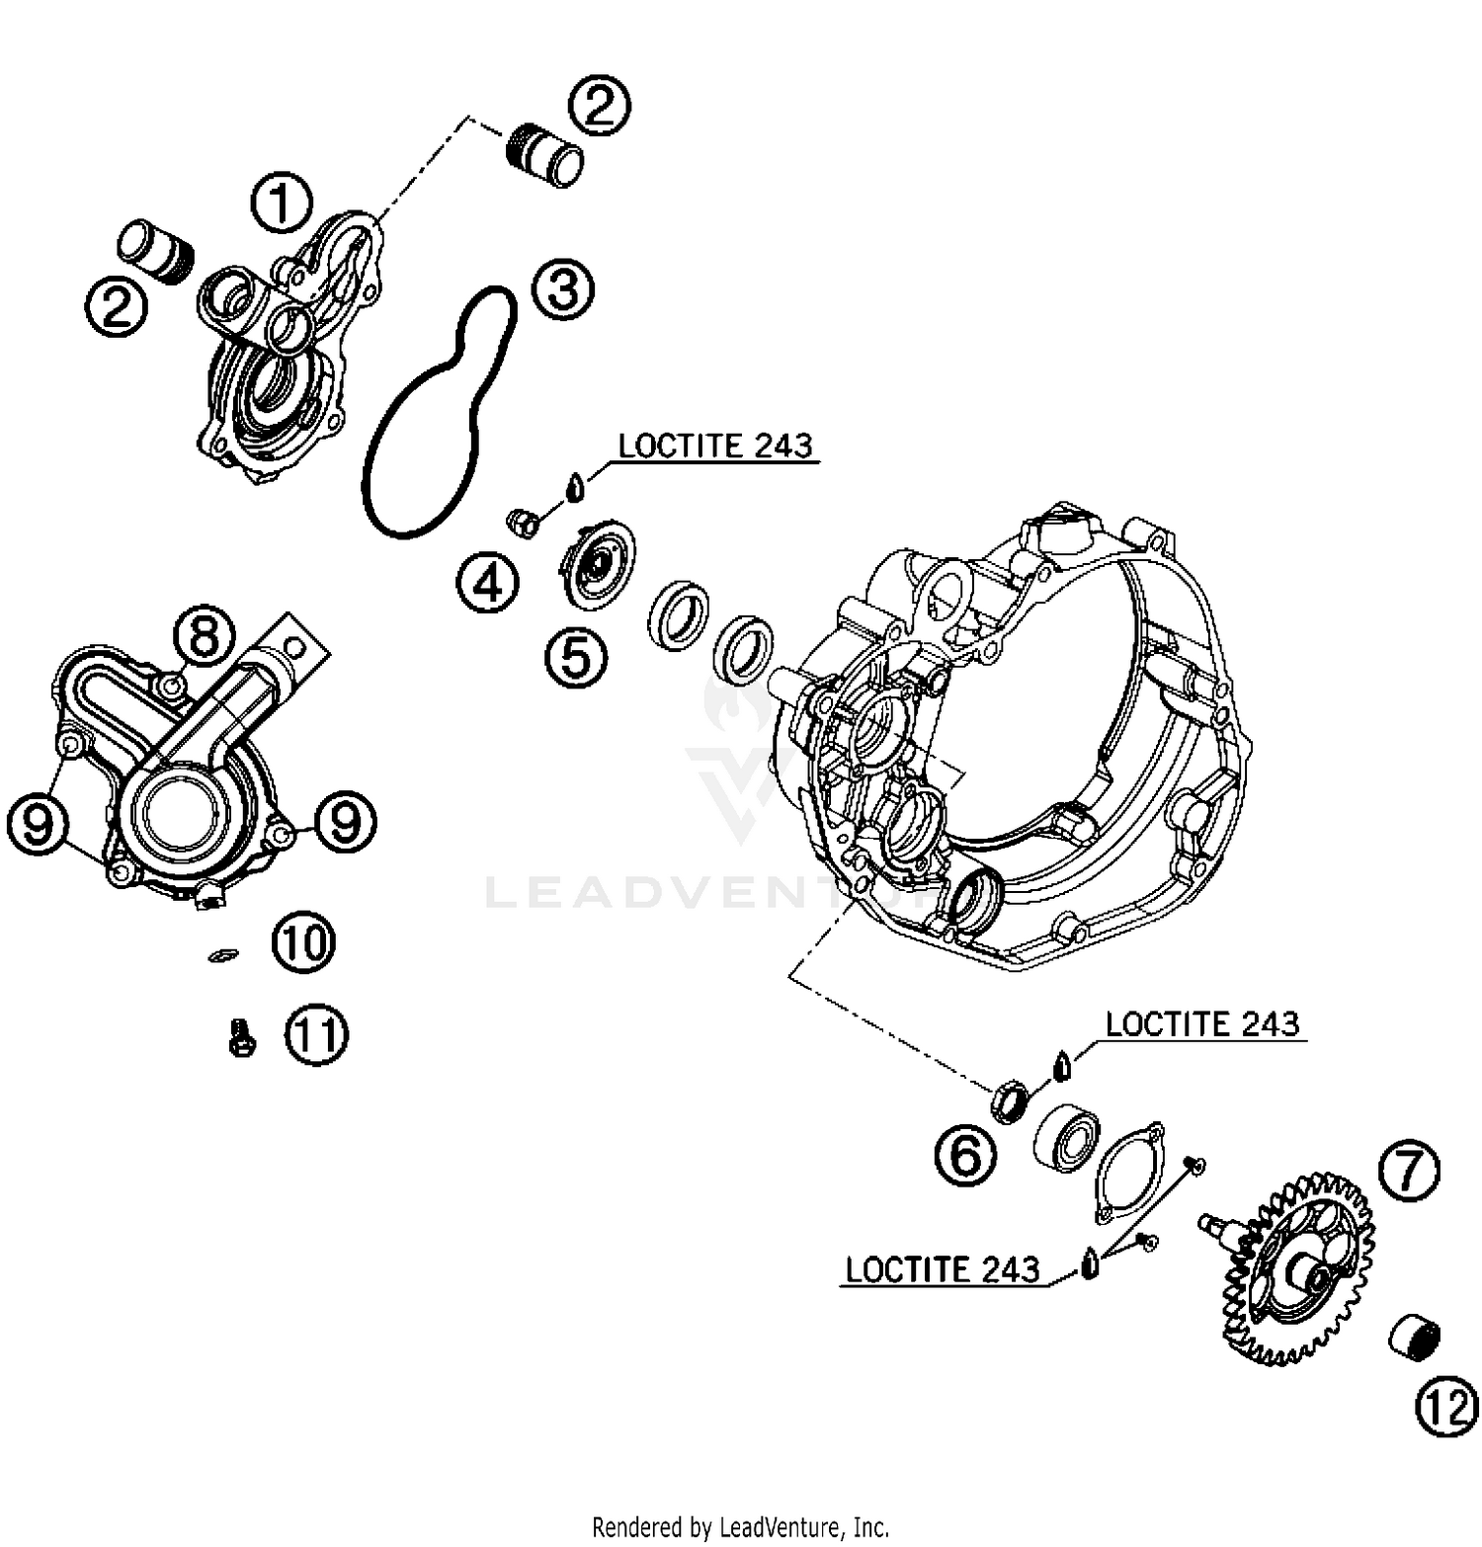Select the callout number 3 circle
pos(563,290)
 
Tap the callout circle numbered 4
pos(488,584)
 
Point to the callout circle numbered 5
pos(576,657)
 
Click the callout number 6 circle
pos(965,1155)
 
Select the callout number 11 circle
pos(317,1035)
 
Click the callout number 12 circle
pos(1447,1407)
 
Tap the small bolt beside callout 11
pos(240,1038)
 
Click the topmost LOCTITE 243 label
pos(715,447)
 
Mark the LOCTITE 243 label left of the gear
pos(943,1269)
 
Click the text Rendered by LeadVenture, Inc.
pos(740,1526)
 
